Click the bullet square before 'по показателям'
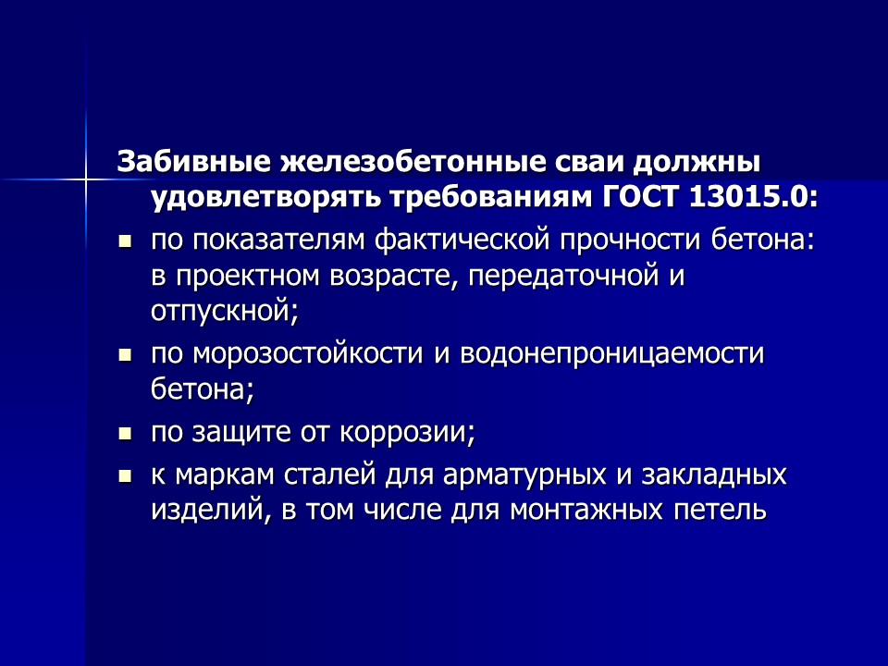pos(126,243)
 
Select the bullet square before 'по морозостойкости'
pos(126,354)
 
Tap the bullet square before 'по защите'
pos(126,432)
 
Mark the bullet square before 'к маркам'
pos(126,477)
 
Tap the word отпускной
pos(225,311)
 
